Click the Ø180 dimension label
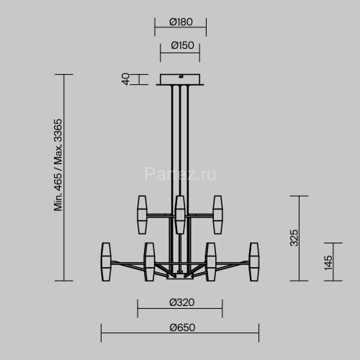[180, 22]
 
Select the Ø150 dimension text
[180, 46]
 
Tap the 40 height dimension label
[125, 79]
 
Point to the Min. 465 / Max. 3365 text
[58, 165]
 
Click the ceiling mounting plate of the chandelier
[180, 79]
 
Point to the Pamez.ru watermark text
[180, 174]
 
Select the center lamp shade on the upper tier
[180, 214]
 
